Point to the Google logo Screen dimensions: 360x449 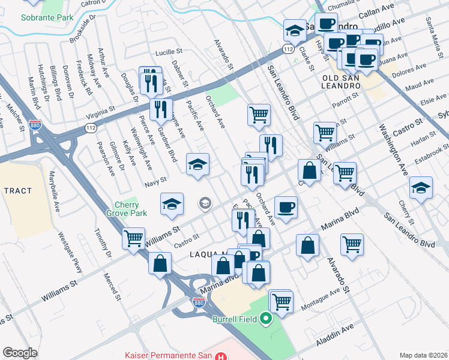pos(20,353)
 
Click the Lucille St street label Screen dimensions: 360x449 pos(168,52)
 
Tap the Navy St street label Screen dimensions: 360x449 pos(155,178)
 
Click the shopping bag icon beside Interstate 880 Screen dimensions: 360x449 pos(160,263)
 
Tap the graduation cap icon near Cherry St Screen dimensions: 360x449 pos(421,187)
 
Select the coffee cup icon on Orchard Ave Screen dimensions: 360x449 pos(286,207)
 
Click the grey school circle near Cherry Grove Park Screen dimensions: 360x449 pos(205,204)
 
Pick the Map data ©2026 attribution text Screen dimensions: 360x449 pos(423,355)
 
